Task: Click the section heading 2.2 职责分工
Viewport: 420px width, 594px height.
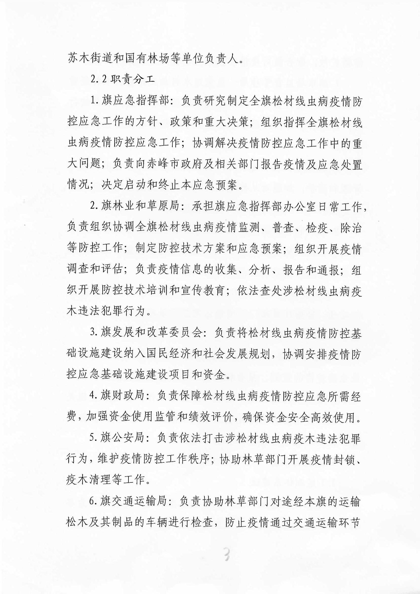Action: pos(123,80)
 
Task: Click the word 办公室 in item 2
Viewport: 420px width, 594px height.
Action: pos(302,207)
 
